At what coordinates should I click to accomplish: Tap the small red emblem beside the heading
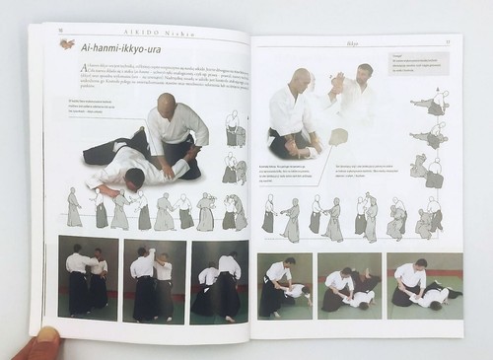coord(66,43)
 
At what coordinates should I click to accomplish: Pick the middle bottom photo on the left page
coord(154,281)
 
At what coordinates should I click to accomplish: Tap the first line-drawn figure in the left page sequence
coord(74,208)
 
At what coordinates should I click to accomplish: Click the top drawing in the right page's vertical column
coord(433,102)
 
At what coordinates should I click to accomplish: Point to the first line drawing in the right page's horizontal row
coord(267,213)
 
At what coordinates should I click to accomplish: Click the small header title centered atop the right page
coord(353,41)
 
